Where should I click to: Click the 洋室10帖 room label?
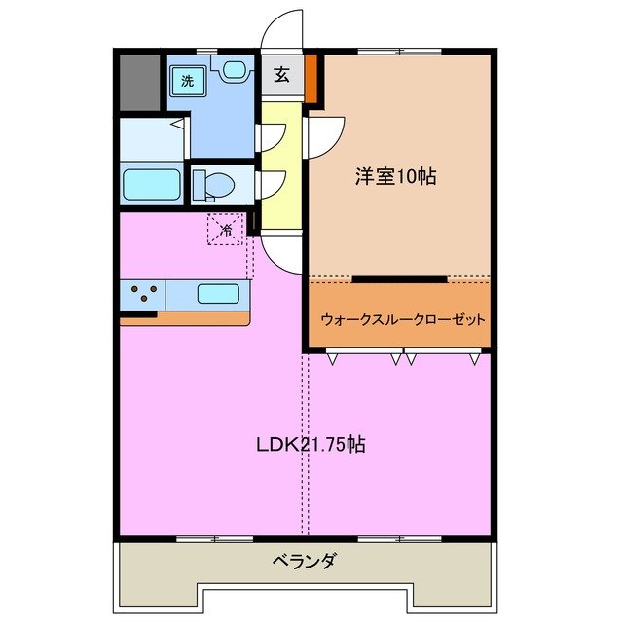tap(394, 177)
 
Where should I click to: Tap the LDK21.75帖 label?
tap(311, 445)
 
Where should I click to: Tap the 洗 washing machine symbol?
tap(187, 81)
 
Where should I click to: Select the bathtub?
tap(152, 184)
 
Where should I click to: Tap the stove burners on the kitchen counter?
tap(142, 293)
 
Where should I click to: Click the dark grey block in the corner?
tap(138, 82)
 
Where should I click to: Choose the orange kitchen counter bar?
tap(184, 317)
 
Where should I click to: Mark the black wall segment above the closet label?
tap(399, 279)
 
